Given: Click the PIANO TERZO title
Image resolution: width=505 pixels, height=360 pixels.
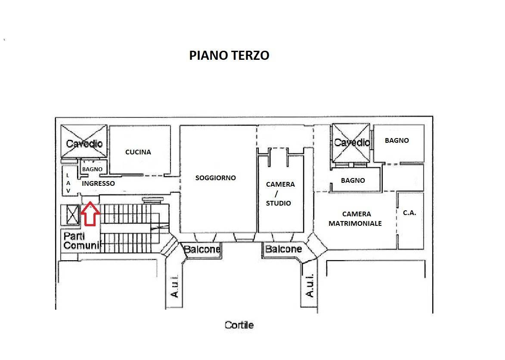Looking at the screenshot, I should coord(229,55).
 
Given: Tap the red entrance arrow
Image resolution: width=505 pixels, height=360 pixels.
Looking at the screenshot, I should coord(90,214).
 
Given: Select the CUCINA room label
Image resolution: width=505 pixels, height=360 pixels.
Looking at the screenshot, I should coord(138,152).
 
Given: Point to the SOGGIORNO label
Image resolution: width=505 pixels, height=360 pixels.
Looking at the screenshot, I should coord(215,178).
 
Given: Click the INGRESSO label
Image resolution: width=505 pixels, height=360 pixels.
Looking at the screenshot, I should coord(99,183).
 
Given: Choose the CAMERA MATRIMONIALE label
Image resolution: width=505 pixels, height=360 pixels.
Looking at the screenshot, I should coord(355,218).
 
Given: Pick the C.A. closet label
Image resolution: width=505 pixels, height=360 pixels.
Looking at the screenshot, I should coord(409,212).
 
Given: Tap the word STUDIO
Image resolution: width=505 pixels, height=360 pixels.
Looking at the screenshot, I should coord(278,203).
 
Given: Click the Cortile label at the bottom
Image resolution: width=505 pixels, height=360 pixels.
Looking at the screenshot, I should coord(239,325).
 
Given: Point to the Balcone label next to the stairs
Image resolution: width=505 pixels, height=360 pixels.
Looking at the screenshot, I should coord(202,249).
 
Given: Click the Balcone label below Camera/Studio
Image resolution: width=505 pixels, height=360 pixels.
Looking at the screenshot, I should coord(283,249).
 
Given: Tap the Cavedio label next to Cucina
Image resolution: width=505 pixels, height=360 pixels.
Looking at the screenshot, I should coord(84,143).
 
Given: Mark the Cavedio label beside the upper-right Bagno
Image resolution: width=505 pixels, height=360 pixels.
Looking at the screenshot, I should coord(352,142).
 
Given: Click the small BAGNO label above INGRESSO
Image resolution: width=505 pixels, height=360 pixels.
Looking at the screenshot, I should coord(92,169).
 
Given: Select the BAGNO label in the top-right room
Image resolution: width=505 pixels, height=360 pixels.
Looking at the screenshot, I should coord(397,140).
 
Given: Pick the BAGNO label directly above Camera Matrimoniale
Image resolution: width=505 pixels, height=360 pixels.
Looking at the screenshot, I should coord(353,181).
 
